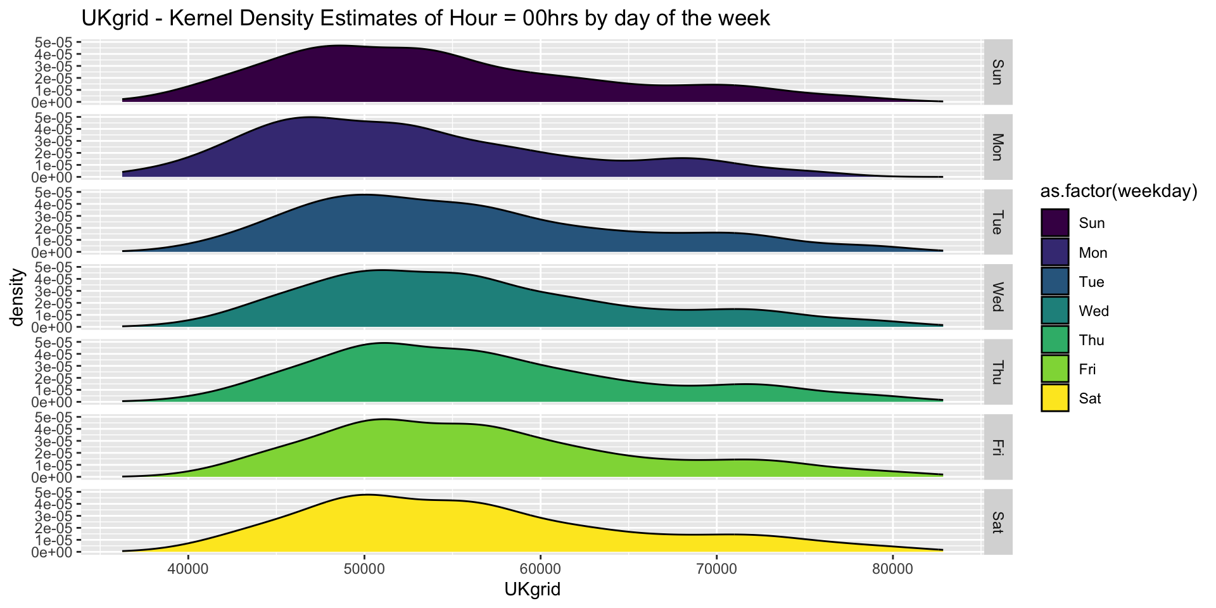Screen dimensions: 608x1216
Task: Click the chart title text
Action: point(426,18)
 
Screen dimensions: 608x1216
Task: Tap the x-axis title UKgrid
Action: point(533,590)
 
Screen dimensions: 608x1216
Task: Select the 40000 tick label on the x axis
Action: point(188,568)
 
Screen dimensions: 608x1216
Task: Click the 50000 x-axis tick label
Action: point(364,568)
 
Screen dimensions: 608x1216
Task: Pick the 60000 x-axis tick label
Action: point(540,568)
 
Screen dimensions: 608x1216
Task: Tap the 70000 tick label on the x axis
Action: point(716,568)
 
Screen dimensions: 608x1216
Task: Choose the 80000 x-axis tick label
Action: point(892,568)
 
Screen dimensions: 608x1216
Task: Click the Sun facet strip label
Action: point(997,72)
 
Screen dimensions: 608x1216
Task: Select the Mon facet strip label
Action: point(997,147)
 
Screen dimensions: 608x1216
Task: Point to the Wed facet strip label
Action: point(997,297)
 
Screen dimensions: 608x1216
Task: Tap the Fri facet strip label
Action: point(997,447)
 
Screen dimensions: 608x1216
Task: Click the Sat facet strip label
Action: point(997,522)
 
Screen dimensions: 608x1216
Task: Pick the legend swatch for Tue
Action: point(1055,282)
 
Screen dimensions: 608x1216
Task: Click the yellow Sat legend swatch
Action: point(1055,398)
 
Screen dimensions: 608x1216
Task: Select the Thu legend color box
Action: point(1055,340)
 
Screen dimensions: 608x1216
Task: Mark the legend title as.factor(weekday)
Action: point(1119,192)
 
